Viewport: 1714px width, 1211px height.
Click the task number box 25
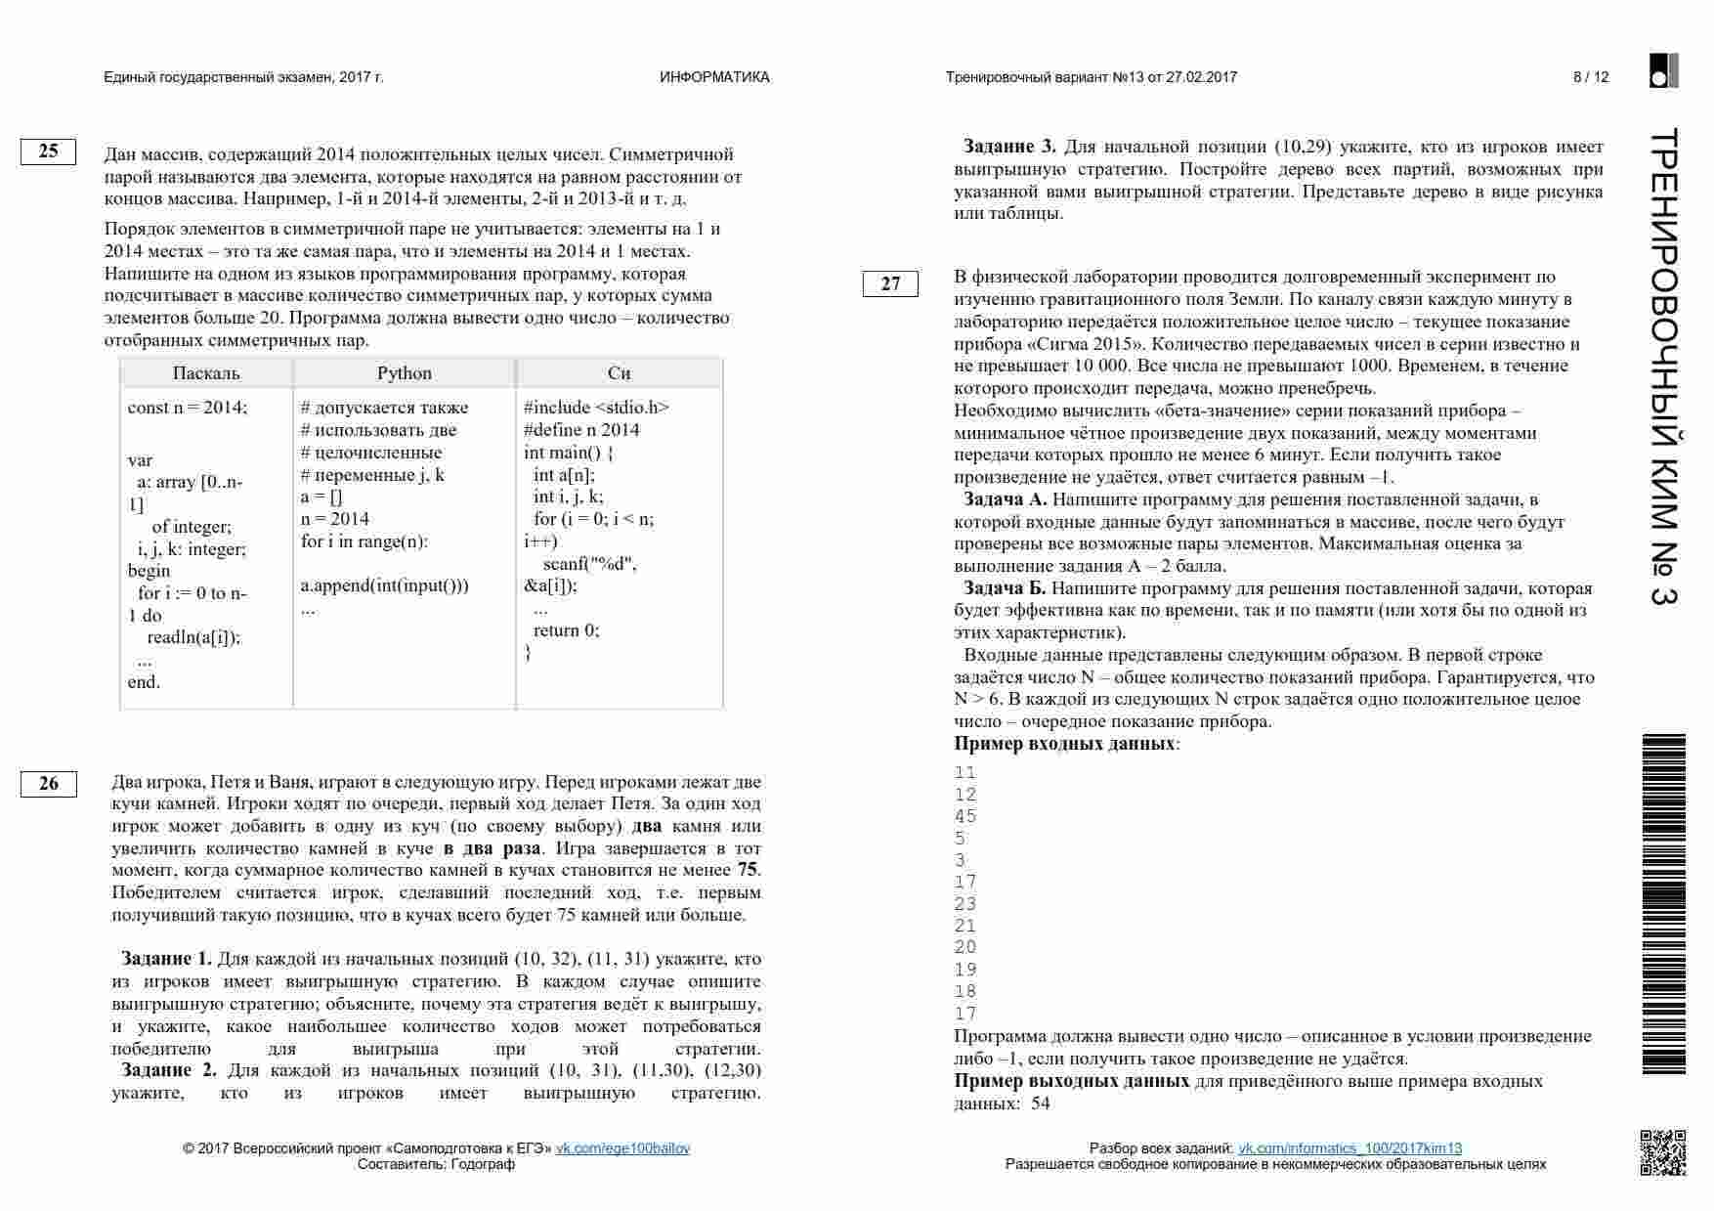click(48, 151)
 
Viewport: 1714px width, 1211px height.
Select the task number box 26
click(48, 784)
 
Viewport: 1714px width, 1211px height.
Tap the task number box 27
click(890, 284)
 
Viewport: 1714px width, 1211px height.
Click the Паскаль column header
click(206, 373)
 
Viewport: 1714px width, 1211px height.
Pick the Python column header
click(405, 373)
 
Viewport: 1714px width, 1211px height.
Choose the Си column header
click(619, 373)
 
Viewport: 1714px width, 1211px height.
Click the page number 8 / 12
click(1591, 77)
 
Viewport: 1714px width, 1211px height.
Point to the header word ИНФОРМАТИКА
click(714, 77)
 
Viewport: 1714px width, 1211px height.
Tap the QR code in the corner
click(1662, 1152)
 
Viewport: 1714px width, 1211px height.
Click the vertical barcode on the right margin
click(1663, 904)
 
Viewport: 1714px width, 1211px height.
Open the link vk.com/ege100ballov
click(622, 1148)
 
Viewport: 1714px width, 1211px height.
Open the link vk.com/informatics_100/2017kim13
click(1350, 1148)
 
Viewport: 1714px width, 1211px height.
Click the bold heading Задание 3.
click(1009, 147)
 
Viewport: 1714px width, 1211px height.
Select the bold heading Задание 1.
click(166, 959)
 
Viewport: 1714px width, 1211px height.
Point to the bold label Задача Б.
click(1005, 588)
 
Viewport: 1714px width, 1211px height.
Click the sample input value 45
click(965, 816)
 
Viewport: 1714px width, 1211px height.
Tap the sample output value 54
click(1040, 1103)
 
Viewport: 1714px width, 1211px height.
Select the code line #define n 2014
click(581, 430)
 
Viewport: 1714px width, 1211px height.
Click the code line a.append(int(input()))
click(384, 585)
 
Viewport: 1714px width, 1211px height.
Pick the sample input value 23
click(965, 904)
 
